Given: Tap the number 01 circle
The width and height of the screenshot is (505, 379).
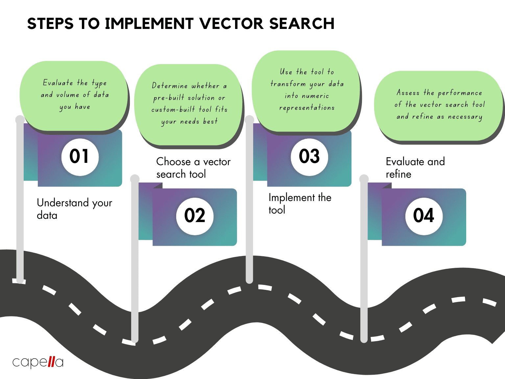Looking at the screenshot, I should click(80, 157).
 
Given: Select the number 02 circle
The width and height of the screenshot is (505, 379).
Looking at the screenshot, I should click(195, 216).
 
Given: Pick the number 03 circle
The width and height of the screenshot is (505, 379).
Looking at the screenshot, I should click(309, 157).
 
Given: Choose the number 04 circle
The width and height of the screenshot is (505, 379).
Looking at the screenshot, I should click(424, 216).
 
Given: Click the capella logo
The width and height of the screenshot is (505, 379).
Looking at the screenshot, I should click(38, 362).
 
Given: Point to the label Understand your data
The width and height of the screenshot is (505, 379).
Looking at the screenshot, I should click(74, 209).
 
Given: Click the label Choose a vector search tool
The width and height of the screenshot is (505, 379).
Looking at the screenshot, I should click(193, 168).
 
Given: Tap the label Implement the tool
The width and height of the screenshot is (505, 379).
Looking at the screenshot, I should click(300, 204).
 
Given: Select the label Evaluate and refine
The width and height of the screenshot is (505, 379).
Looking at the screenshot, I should click(415, 168).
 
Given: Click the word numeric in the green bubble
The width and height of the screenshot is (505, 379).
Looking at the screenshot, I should click(316, 96).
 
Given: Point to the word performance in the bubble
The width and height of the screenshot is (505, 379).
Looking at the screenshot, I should click(460, 93).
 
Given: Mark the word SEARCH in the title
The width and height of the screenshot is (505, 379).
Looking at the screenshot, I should click(301, 24).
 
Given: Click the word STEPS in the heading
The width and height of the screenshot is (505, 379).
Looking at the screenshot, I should click(50, 24).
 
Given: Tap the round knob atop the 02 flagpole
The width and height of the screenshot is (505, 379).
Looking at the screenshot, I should click(135, 179).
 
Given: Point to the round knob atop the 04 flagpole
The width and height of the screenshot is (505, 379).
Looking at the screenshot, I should click(364, 179).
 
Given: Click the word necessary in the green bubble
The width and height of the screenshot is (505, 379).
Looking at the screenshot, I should click(465, 117).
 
